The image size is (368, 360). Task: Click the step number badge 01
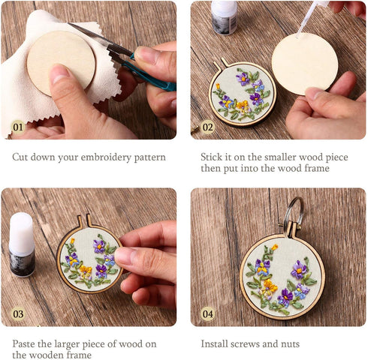17,127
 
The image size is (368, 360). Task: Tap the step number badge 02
207,127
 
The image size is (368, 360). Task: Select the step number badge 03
18,313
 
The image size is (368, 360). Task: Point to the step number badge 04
207,313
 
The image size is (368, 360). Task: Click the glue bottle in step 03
22,244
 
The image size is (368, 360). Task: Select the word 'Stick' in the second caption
213,157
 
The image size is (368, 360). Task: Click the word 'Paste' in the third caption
26,343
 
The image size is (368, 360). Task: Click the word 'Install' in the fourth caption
216,343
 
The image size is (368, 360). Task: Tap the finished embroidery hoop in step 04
282,277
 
